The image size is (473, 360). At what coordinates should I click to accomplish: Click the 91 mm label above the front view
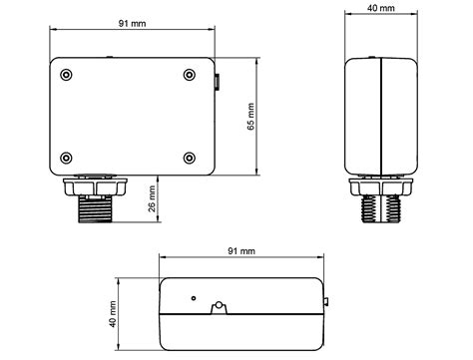coord(132,23)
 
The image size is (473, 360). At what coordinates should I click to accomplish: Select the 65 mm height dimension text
coord(251,117)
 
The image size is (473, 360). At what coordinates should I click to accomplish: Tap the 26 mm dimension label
coord(152,198)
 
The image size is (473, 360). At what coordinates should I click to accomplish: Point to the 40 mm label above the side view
coord(381,8)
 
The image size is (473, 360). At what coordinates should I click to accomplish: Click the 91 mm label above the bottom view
coord(241,251)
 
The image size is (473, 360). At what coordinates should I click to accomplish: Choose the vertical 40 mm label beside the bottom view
coord(113,314)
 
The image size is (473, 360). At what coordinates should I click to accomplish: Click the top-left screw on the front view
coord(66,75)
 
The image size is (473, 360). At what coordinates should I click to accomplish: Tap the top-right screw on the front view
coord(190,75)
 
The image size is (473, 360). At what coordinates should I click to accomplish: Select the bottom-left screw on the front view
coord(66,158)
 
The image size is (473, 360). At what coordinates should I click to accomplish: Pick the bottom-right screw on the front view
coord(190,158)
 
